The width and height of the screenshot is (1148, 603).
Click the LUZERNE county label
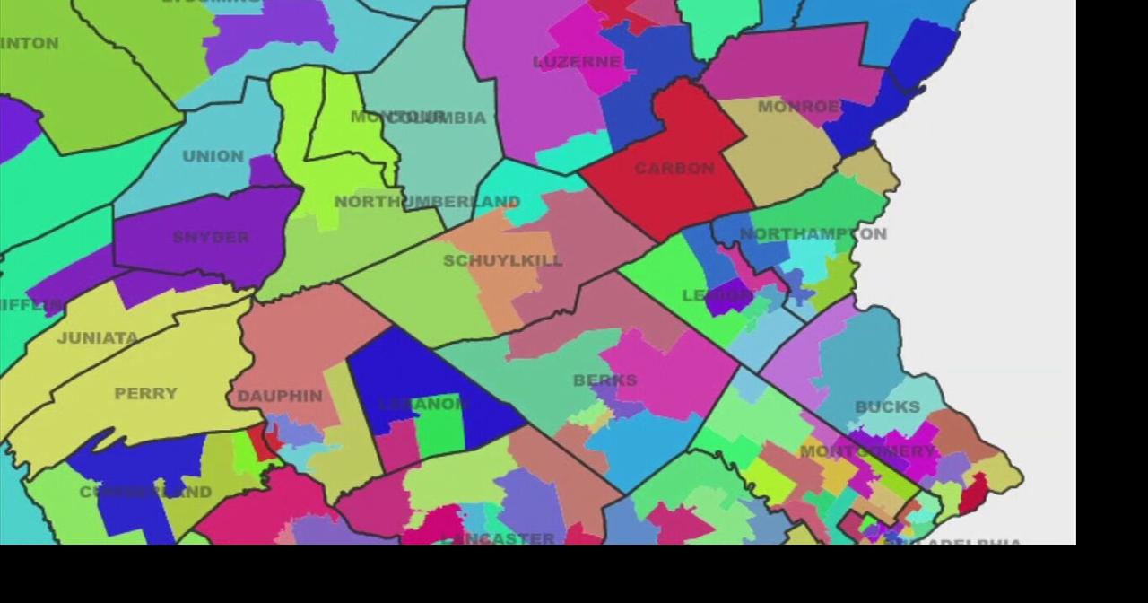tap(577, 62)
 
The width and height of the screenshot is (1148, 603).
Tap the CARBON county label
tap(674, 168)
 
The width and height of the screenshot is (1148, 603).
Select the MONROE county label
tap(798, 107)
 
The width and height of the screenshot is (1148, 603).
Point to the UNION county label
tap(213, 156)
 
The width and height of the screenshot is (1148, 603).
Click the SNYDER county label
tap(211, 237)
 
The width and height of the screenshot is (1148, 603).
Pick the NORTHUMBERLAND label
tap(427, 202)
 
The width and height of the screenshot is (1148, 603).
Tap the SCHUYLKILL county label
tap(503, 261)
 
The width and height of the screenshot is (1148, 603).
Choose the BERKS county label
tap(605, 380)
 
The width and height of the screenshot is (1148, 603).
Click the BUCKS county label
tap(887, 406)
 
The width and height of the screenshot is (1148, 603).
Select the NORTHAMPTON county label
tap(813, 234)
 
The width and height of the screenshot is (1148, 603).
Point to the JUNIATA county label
tap(98, 338)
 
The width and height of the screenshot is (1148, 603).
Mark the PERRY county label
tap(146, 393)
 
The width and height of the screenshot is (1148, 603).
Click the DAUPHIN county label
tap(280, 396)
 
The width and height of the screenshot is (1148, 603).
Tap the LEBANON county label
tap(423, 404)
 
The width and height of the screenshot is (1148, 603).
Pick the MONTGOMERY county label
tap(866, 450)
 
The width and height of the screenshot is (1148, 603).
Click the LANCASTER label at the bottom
tap(499, 538)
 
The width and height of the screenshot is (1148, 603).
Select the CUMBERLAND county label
tap(145, 492)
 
